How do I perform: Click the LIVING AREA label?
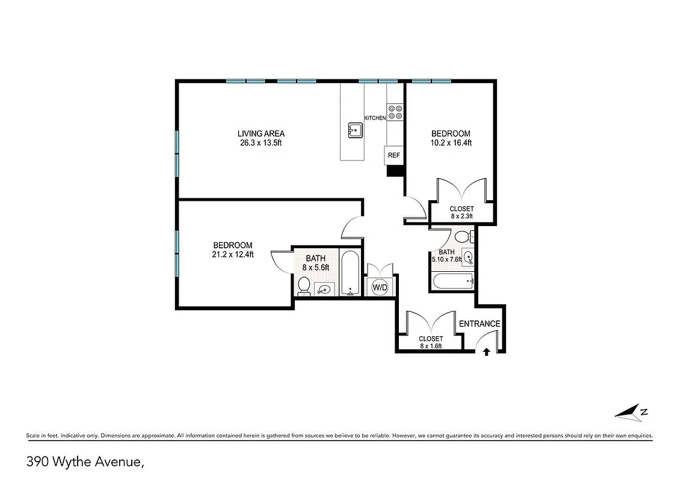[x=260, y=133]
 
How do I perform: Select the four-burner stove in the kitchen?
[x=395, y=112]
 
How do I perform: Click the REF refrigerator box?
[x=394, y=155]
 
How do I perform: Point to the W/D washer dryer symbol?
[x=380, y=287]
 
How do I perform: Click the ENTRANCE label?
[x=479, y=323]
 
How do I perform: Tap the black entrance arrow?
[x=486, y=352]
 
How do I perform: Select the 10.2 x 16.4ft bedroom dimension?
[x=451, y=143]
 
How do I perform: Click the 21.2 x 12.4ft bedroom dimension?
[x=233, y=254]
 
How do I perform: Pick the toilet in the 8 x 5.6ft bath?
[x=304, y=286]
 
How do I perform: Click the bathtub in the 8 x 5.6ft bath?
[x=350, y=274]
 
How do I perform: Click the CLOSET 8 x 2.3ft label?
[x=461, y=212]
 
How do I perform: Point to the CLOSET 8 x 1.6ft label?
[x=431, y=342]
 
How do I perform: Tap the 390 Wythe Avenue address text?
[x=84, y=462]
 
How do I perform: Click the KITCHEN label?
[x=375, y=118]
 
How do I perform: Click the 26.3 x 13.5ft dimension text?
[x=260, y=143]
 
